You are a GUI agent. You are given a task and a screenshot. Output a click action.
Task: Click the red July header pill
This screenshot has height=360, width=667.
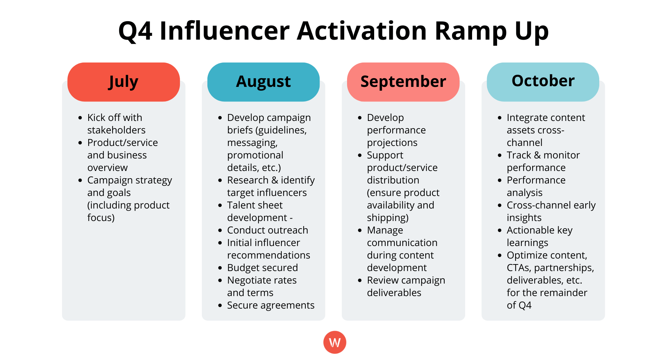123,82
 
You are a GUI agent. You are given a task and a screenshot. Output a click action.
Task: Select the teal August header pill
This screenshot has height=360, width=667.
263,82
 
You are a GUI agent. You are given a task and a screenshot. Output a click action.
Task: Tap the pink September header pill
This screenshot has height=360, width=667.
403,82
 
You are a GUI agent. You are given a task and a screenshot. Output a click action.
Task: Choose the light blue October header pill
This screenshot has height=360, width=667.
543,82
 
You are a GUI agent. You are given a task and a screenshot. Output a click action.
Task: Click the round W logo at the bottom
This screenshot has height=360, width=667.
335,342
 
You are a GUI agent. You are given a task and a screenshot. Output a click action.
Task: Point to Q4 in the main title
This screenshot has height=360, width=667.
135,31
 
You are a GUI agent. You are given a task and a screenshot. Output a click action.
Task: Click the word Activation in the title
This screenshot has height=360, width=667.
361,31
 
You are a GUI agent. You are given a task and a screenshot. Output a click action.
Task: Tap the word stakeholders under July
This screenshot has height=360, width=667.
116,130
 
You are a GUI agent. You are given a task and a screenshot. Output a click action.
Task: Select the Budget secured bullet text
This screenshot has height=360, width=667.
262,268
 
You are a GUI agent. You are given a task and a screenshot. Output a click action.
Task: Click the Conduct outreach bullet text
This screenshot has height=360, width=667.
267,230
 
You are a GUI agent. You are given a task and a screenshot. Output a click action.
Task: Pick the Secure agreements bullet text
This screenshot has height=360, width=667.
271,305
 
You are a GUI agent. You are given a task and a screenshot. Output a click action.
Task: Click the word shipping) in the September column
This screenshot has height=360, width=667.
388,218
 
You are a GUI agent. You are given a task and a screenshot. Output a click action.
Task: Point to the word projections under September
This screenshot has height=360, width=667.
392,142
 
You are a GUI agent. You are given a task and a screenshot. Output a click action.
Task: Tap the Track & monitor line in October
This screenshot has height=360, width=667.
543,155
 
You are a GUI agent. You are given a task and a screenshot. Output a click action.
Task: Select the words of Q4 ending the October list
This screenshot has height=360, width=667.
519,305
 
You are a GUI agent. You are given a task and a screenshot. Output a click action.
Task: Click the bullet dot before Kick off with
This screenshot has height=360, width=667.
80,118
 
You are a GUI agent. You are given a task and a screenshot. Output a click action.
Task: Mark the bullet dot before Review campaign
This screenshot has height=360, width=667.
360,280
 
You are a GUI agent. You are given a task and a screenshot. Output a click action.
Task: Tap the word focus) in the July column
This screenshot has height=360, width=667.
101,218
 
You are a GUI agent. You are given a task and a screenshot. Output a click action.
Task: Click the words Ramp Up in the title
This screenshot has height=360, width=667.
492,31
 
